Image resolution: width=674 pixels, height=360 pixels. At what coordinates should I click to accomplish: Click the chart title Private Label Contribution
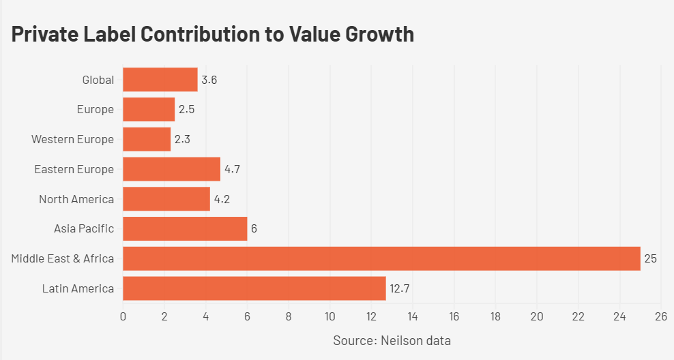213,33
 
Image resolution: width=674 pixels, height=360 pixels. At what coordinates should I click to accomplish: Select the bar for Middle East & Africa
381,258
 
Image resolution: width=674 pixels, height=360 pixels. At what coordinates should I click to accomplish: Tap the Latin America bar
254,288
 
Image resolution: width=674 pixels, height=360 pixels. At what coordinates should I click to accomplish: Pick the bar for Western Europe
147,139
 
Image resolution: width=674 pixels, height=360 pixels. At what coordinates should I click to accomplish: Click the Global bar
160,80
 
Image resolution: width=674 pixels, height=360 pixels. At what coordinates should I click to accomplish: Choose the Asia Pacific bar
185,228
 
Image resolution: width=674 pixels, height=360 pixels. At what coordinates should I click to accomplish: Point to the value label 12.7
399,288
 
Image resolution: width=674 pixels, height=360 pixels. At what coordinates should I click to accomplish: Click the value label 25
650,258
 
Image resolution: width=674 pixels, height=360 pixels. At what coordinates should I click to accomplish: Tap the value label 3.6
209,80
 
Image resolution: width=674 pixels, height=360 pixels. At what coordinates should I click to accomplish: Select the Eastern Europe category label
74,169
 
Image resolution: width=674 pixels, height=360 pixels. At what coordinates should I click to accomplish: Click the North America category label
76,199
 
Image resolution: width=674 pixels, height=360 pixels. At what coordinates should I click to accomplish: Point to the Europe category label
95,110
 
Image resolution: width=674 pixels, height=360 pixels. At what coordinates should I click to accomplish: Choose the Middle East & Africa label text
62,258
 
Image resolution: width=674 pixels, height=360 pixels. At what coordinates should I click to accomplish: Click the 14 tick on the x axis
413,316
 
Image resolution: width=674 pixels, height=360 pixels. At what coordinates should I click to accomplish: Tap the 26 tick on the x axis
661,316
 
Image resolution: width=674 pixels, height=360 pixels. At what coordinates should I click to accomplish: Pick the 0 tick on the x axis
123,316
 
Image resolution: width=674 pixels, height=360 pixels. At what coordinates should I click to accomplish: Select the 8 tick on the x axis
289,316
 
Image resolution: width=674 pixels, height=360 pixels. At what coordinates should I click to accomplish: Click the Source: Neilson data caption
392,340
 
